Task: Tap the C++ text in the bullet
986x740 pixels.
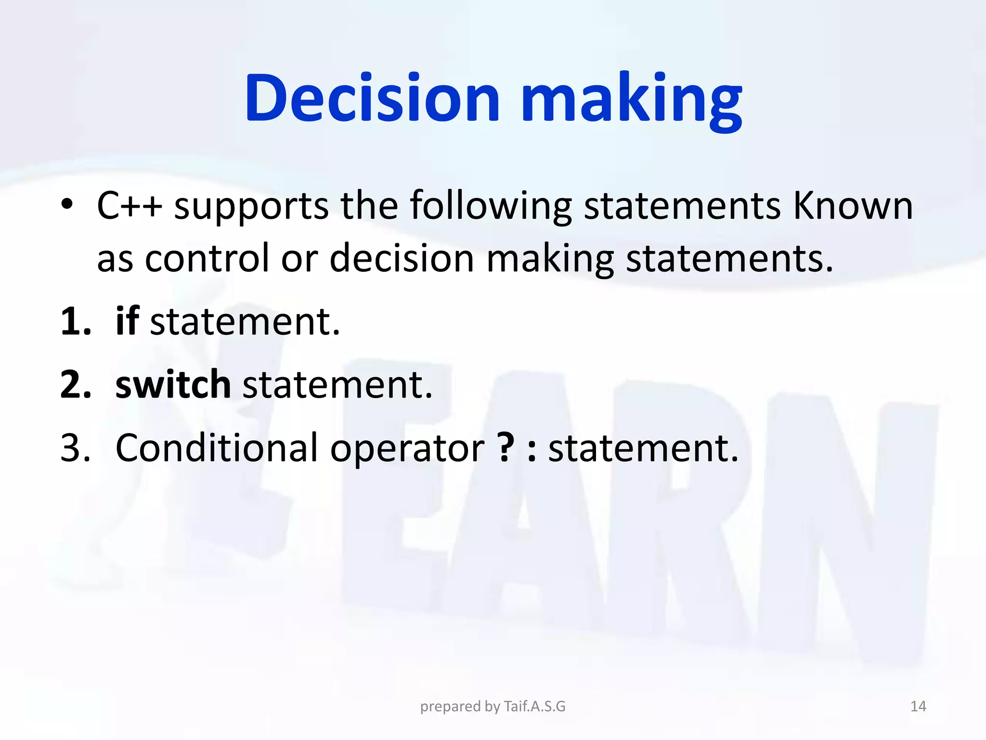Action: tap(129, 206)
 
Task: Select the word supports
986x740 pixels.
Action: tap(251, 207)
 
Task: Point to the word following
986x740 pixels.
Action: tap(491, 207)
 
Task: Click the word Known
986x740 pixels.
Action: tap(852, 206)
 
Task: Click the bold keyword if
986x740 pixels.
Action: tap(127, 321)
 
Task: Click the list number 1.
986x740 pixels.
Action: tap(75, 322)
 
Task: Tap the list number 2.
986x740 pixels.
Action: tap(75, 385)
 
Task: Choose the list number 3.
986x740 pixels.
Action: tap(75, 448)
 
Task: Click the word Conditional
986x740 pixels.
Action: tap(217, 448)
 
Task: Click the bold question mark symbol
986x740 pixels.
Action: tap(506, 447)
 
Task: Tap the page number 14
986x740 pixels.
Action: tap(918, 706)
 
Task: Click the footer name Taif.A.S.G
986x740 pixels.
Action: tap(534, 706)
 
